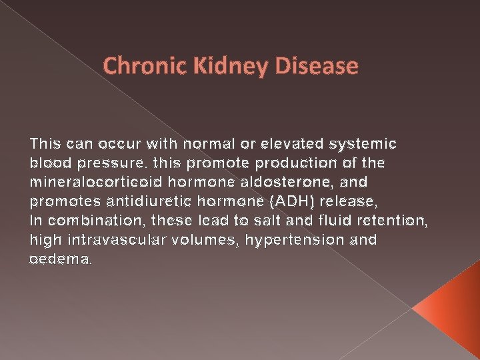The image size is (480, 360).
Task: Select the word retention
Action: (x=393, y=221)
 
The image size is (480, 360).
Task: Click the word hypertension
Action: (x=296, y=240)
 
